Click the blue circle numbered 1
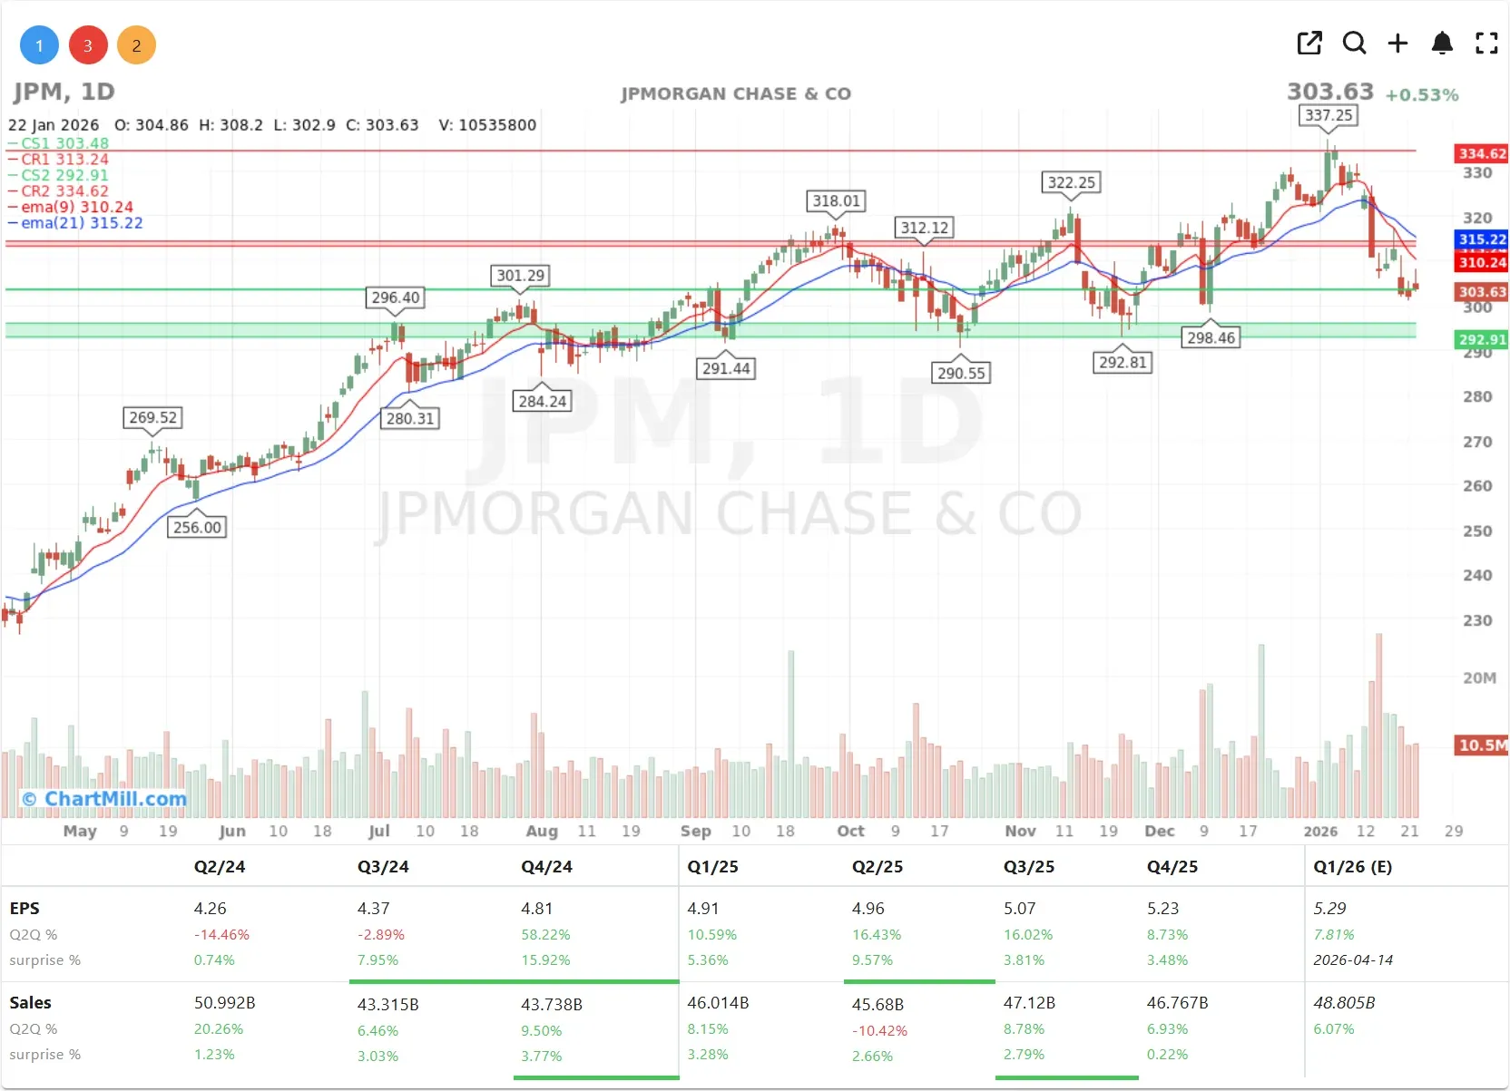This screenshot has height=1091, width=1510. (39, 45)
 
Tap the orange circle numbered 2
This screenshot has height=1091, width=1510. (136, 45)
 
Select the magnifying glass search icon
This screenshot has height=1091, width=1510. (1354, 43)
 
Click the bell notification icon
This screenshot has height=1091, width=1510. (1442, 43)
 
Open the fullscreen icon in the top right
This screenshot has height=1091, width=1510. (1486, 43)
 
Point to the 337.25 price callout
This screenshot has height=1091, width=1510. (1329, 115)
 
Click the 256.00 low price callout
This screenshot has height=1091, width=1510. (197, 527)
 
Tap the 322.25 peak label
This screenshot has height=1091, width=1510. (1072, 182)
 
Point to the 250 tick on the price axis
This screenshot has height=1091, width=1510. (1477, 531)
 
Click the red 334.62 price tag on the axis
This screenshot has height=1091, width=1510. (1481, 154)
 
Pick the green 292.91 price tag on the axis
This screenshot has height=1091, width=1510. (1481, 340)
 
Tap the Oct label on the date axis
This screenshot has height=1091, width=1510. (850, 831)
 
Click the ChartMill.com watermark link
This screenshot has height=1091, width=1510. (105, 799)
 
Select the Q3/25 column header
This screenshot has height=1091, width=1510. (1029, 867)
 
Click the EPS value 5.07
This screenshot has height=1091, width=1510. (1019, 909)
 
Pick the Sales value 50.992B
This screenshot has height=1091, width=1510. (224, 1003)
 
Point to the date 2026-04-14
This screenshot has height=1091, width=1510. (1353, 960)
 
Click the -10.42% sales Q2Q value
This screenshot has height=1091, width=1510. (879, 1030)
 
